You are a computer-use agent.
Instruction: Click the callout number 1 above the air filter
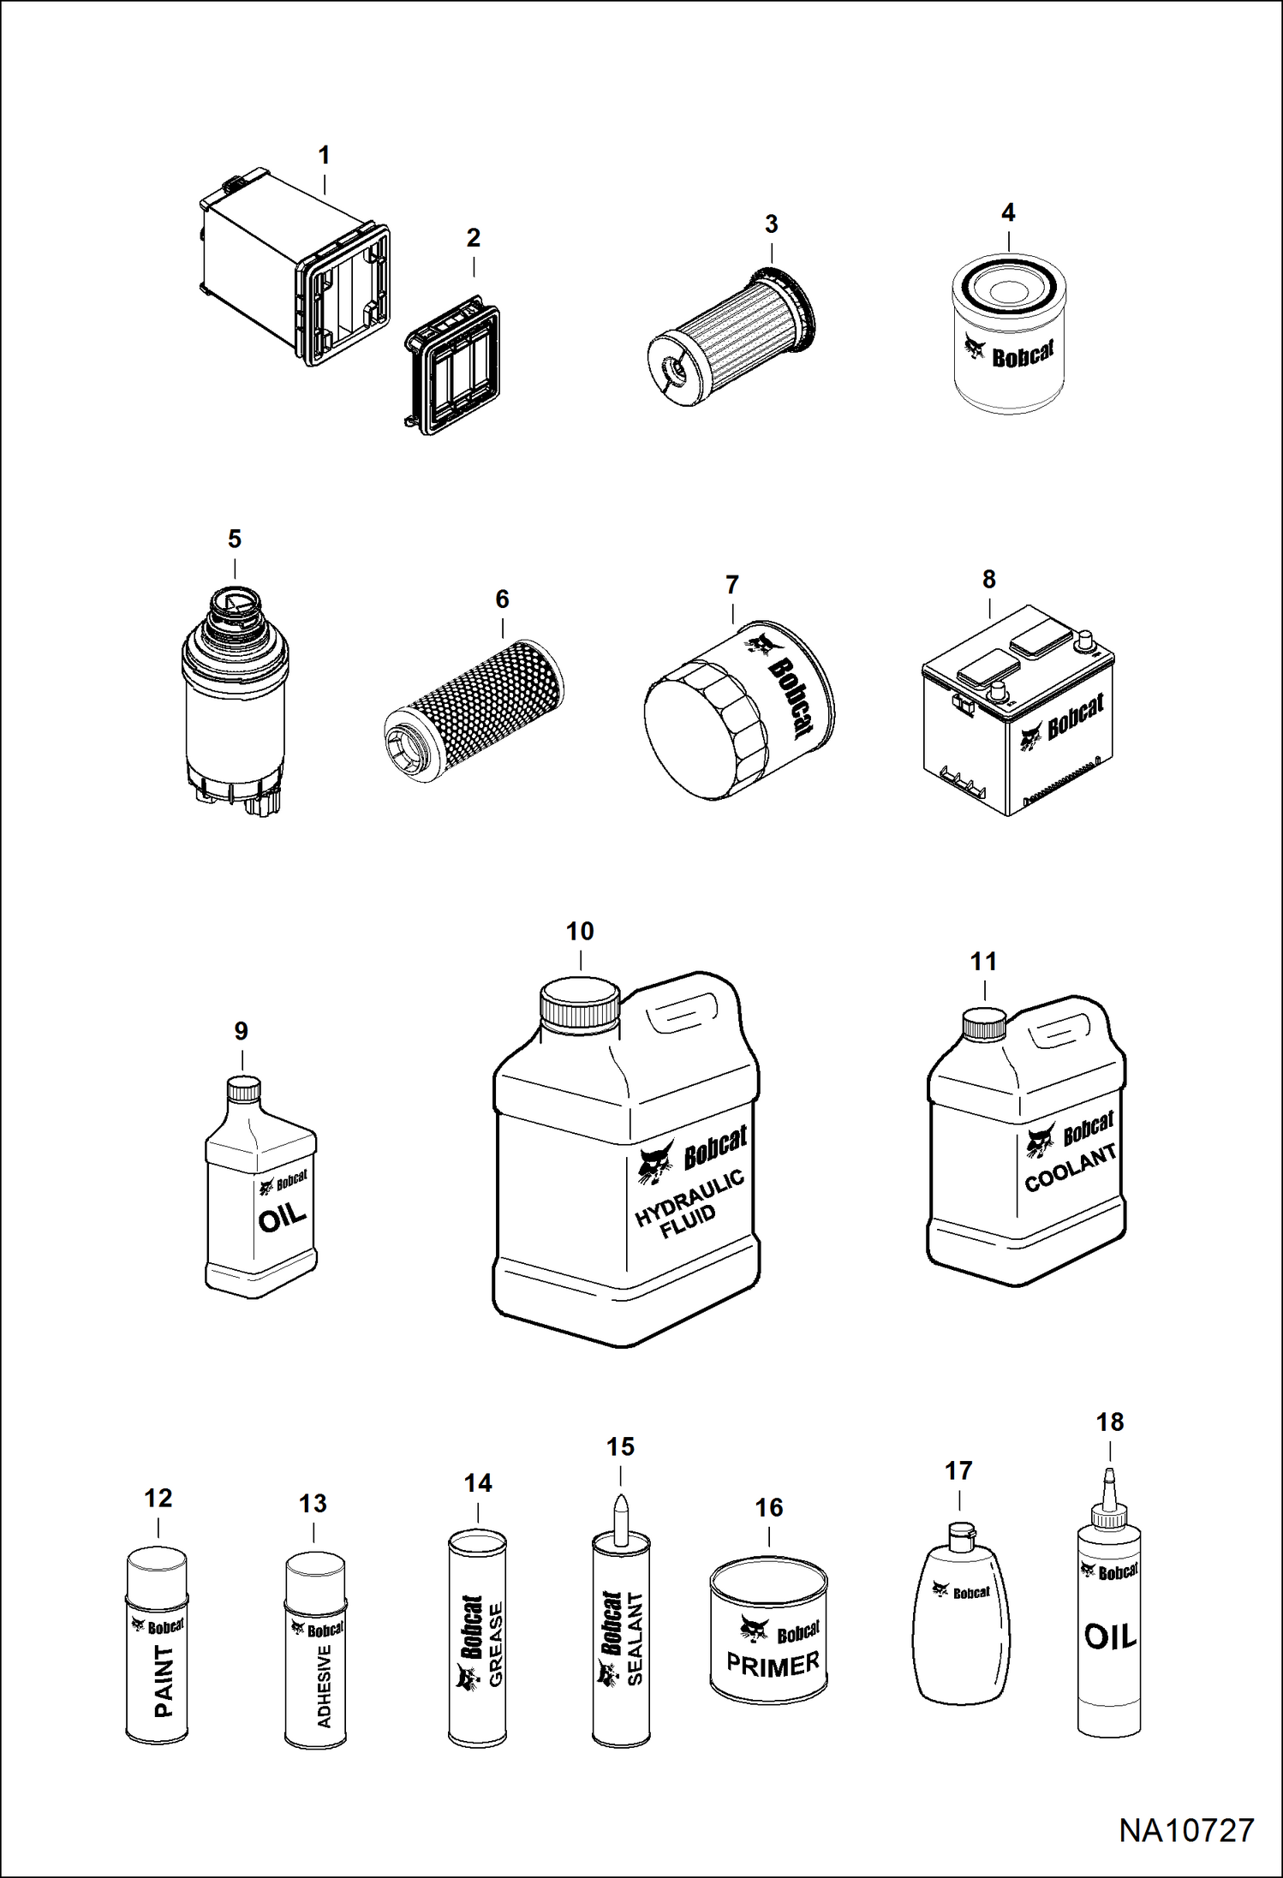tap(324, 156)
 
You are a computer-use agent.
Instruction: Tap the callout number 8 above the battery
tap(989, 580)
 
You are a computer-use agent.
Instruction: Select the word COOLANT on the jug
tap(1071, 1168)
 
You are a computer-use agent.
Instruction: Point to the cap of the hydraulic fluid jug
tap(580, 1005)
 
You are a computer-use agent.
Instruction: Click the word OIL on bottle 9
tap(282, 1217)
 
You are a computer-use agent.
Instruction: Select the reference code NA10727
tap(1186, 1831)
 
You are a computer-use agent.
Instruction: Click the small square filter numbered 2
tap(452, 366)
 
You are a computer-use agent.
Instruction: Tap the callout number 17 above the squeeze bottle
tap(958, 1471)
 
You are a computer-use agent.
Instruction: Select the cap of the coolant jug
tap(984, 1024)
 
